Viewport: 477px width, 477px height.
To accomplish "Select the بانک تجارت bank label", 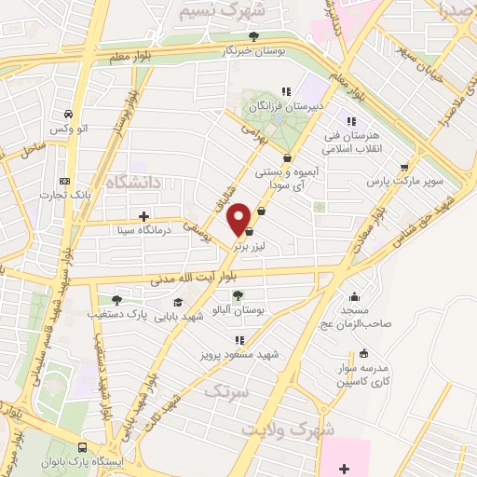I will pyautogui.click(x=61, y=196).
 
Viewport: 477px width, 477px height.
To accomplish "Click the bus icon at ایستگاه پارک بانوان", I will pyautogui.click(x=84, y=447).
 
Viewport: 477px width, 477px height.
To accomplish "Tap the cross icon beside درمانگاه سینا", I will pyautogui.click(x=143, y=216).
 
